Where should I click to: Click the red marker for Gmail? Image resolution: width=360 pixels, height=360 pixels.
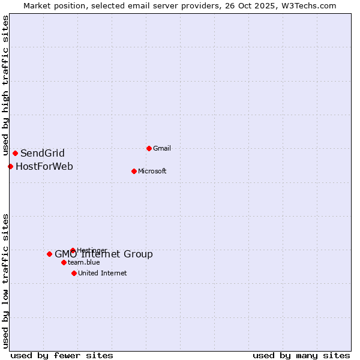[149, 148]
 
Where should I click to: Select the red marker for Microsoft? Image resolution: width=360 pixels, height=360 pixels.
[134, 171]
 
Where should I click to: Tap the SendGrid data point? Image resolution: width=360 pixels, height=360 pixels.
[15, 153]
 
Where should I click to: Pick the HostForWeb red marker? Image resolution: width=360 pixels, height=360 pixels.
[10, 166]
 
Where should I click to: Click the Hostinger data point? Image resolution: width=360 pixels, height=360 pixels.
[73, 250]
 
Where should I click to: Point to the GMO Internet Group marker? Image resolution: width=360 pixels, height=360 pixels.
[49, 254]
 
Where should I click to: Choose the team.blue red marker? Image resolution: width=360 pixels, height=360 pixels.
[64, 262]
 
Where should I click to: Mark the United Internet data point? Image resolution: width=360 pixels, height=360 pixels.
[74, 273]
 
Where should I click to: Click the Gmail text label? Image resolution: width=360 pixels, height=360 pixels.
[162, 148]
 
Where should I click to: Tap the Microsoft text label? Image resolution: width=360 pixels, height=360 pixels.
[152, 171]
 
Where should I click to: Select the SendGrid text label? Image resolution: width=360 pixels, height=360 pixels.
[42, 153]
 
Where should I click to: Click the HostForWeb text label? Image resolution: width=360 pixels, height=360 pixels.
[44, 166]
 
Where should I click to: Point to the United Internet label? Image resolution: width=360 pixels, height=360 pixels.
[102, 273]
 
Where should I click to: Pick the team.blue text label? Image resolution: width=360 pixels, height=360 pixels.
[83, 262]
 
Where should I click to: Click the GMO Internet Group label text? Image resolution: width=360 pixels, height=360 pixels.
[104, 254]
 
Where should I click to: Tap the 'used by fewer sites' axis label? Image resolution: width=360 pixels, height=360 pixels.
[62, 355]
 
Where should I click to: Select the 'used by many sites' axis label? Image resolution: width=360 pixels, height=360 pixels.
[301, 355]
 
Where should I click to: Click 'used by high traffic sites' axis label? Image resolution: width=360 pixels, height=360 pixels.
[5, 86]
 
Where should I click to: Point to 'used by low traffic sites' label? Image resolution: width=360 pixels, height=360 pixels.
[5, 281]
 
